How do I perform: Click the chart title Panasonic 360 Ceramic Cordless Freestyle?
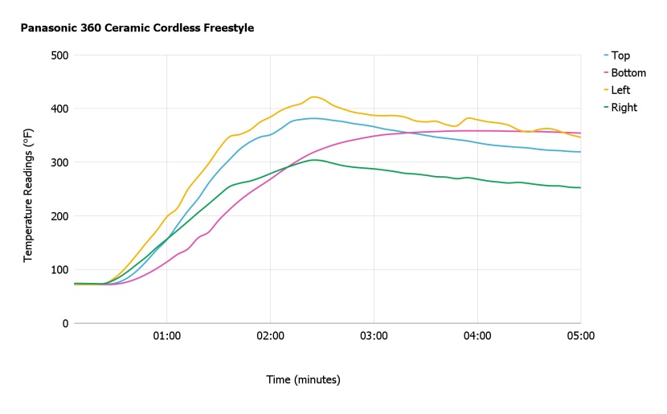click(137, 28)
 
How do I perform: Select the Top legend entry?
click(620, 55)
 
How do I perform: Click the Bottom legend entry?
click(628, 73)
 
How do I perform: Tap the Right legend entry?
click(624, 108)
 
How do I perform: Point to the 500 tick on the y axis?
click(59, 55)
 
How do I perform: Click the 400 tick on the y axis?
click(59, 109)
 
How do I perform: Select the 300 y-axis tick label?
click(59, 162)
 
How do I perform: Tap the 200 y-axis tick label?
click(59, 215)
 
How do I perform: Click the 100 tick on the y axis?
click(59, 269)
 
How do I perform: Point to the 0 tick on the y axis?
click(64, 323)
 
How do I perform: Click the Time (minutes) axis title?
click(304, 379)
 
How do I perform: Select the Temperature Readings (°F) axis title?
click(29, 189)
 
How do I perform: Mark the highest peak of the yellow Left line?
click(314, 96)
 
